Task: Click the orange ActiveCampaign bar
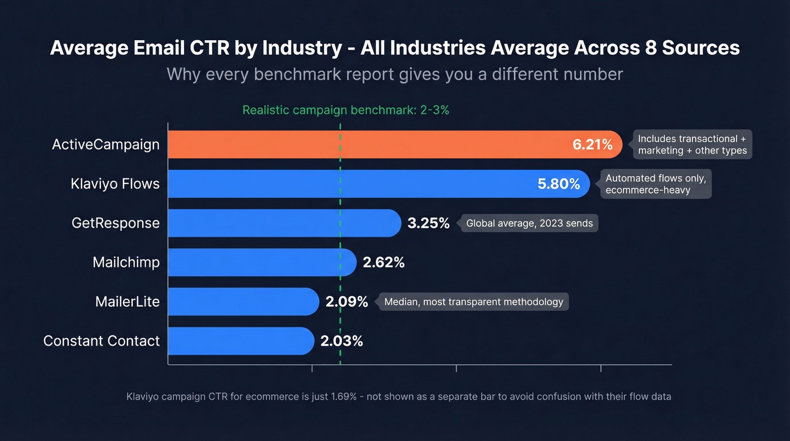point(367,145)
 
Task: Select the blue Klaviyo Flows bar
point(350,184)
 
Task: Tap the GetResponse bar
point(282,223)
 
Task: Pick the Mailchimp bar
point(260,263)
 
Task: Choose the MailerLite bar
point(243,302)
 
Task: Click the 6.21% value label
point(592,145)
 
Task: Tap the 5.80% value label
point(559,184)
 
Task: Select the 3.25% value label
point(428,223)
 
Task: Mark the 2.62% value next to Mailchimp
point(384,263)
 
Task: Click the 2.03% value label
point(341,341)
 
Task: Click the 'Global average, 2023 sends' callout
point(529,223)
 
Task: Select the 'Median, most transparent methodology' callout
point(473,302)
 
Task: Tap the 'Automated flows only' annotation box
point(655,184)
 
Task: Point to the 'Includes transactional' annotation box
point(692,145)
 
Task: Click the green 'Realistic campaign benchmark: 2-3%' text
point(345,110)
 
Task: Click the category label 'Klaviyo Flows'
point(115,184)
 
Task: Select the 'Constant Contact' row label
point(102,341)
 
